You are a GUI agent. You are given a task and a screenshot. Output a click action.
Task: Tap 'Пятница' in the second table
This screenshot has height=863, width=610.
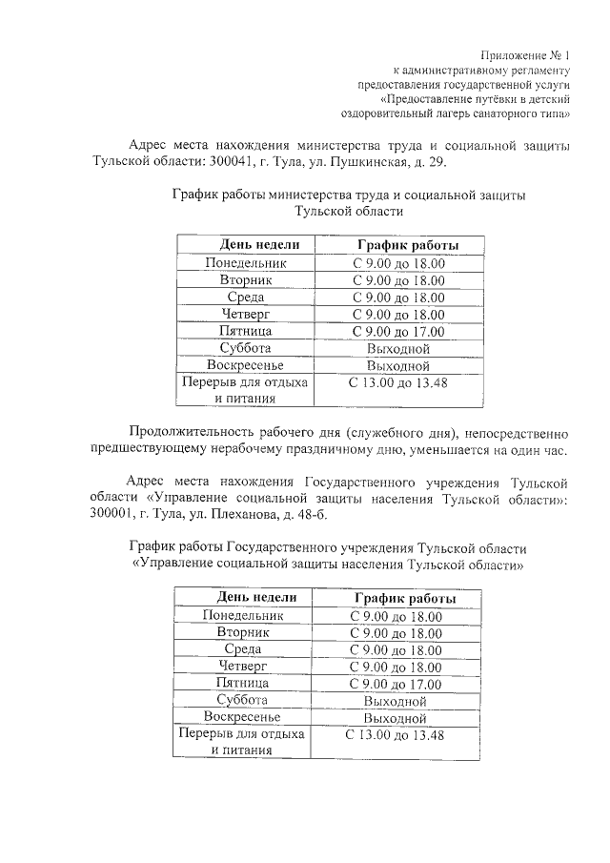pos(243,684)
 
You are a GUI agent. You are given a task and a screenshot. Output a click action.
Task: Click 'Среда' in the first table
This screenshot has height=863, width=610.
pos(246,298)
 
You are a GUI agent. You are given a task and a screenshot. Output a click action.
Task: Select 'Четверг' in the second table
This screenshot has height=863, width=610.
pos(243,667)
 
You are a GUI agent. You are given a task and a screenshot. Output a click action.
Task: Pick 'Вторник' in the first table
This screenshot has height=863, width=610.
pos(246,280)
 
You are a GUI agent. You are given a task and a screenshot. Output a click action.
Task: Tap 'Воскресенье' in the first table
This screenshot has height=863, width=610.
pos(245,365)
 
